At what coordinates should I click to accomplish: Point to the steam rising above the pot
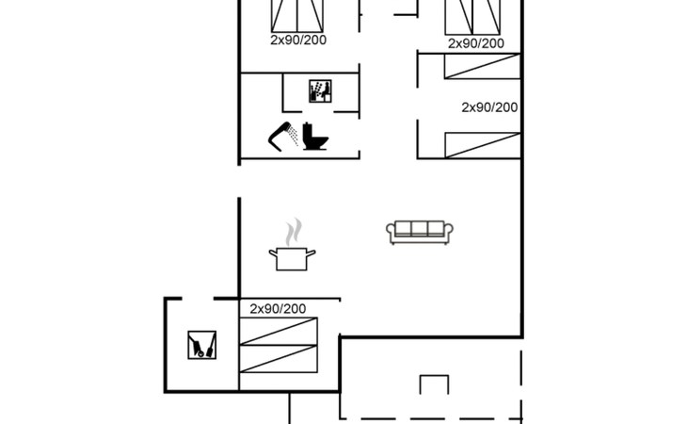(295, 230)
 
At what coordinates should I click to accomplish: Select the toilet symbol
(315, 138)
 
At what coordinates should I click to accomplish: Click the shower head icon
(283, 137)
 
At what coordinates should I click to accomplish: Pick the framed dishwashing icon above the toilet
(320, 91)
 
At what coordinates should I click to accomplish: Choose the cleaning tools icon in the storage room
(201, 345)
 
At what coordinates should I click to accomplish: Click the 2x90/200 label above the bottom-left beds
(278, 308)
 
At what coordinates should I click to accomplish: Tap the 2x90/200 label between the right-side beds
(489, 107)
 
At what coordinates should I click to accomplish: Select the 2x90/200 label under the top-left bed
(298, 41)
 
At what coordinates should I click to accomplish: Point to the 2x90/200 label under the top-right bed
(475, 43)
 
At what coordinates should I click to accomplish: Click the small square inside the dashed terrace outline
(434, 386)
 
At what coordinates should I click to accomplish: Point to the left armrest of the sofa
(391, 233)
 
